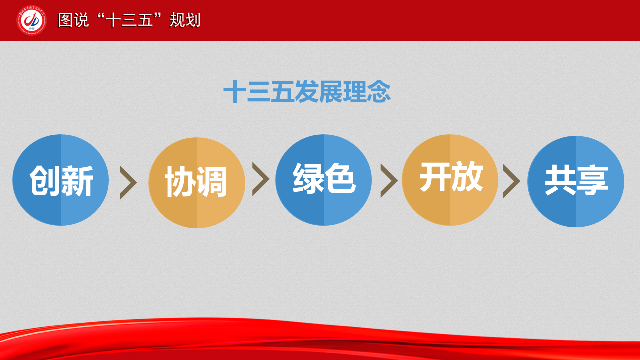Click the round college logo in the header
31,20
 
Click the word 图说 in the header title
73,20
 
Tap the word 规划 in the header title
185,20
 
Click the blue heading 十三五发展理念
307,91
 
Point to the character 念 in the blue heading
379,91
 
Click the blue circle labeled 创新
61,180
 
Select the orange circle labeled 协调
197,183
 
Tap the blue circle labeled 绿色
323,180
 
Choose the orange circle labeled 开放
450,180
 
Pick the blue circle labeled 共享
576,181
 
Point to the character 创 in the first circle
45,181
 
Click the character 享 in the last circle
592,180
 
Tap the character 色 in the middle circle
340,178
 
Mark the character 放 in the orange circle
467,176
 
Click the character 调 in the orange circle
211,181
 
